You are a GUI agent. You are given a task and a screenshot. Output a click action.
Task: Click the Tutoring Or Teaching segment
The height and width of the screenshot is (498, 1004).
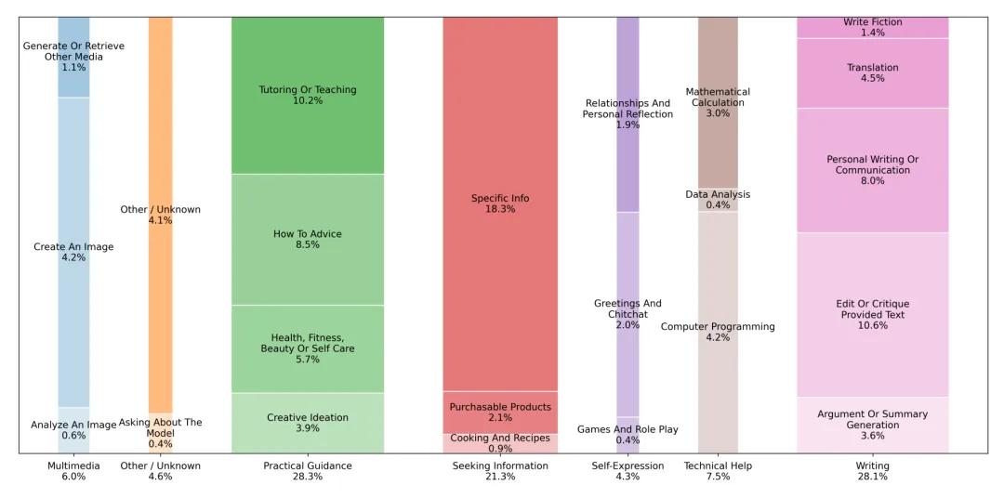[x=307, y=95]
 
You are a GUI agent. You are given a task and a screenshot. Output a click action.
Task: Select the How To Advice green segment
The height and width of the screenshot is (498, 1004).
[x=307, y=239]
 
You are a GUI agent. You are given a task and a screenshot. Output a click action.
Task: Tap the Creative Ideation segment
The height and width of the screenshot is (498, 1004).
[x=307, y=423]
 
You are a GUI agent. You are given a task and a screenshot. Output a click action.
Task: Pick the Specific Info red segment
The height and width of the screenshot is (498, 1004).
[x=500, y=203]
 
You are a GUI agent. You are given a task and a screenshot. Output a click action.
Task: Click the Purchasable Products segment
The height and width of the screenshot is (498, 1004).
[x=500, y=413]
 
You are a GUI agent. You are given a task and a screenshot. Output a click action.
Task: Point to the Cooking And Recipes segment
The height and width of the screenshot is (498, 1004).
[x=500, y=443]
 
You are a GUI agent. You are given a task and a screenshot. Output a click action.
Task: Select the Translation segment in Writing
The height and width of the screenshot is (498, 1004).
[x=872, y=72]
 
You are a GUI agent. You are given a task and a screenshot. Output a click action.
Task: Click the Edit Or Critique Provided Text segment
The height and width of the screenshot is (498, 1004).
[x=872, y=314]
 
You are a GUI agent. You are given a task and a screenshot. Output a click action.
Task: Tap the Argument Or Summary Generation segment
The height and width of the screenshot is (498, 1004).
[x=872, y=425]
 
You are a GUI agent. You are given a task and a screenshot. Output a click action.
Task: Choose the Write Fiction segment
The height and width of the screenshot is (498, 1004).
[x=872, y=27]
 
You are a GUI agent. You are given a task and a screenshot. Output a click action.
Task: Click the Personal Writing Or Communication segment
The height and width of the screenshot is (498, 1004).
[x=872, y=170]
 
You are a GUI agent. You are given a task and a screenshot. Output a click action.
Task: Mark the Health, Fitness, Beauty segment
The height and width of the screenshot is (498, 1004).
[x=307, y=348]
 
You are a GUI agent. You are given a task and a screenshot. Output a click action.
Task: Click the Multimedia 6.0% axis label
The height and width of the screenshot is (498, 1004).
[x=73, y=471]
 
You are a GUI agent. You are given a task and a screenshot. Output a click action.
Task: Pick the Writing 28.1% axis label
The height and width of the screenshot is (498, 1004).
[x=872, y=471]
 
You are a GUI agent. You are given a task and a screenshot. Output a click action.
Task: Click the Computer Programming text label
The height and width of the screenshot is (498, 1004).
[x=718, y=327]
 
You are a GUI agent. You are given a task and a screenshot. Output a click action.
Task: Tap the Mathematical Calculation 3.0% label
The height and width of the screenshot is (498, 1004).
[x=718, y=102]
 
